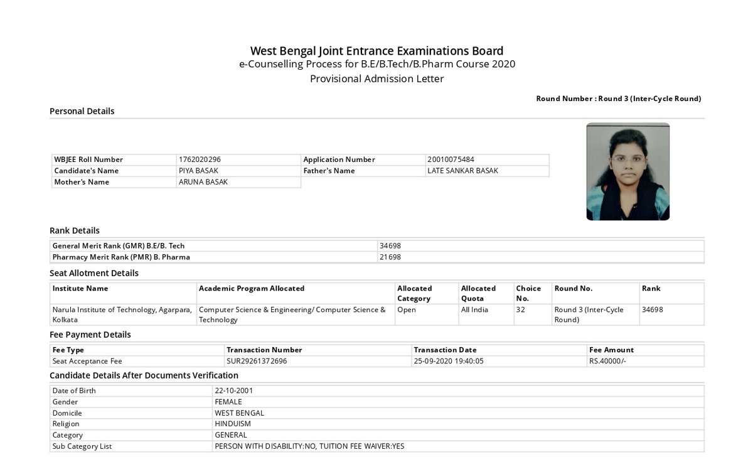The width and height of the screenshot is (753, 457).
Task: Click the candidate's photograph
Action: pyautogui.click(x=627, y=171)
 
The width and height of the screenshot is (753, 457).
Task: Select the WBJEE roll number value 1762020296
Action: pyautogui.click(x=200, y=159)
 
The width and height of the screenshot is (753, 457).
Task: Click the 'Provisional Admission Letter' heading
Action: pyautogui.click(x=376, y=79)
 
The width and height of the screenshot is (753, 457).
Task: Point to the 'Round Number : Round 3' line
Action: pyautogui.click(x=618, y=99)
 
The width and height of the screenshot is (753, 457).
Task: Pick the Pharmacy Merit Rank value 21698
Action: pyautogui.click(x=390, y=257)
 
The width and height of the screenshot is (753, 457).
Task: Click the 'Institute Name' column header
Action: pyautogui.click(x=80, y=288)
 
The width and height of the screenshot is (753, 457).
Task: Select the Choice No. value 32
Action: pyautogui.click(x=521, y=309)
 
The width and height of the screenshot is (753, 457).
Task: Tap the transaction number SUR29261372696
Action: pyautogui.click(x=257, y=361)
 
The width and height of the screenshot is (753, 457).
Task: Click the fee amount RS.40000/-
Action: pyautogui.click(x=607, y=361)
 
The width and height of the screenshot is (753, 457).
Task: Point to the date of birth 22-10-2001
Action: pyautogui.click(x=233, y=390)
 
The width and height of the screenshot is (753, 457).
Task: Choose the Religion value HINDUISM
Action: pyautogui.click(x=232, y=424)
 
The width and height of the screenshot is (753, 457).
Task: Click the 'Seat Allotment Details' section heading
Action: pyautogui.click(x=94, y=273)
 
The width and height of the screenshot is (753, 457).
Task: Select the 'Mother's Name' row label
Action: pyautogui.click(x=82, y=182)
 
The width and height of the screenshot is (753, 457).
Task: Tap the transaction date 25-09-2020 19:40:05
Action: pyautogui.click(x=449, y=361)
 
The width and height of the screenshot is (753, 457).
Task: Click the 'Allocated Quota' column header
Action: pyautogui.click(x=478, y=293)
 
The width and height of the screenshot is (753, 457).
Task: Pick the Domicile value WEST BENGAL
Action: pyautogui.click(x=239, y=413)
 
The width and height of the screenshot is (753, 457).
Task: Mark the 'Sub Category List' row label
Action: pyautogui.click(x=82, y=446)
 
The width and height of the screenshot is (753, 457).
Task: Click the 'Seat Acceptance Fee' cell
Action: pyautogui.click(x=87, y=361)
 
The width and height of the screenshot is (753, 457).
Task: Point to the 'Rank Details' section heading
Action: pyautogui.click(x=75, y=230)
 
